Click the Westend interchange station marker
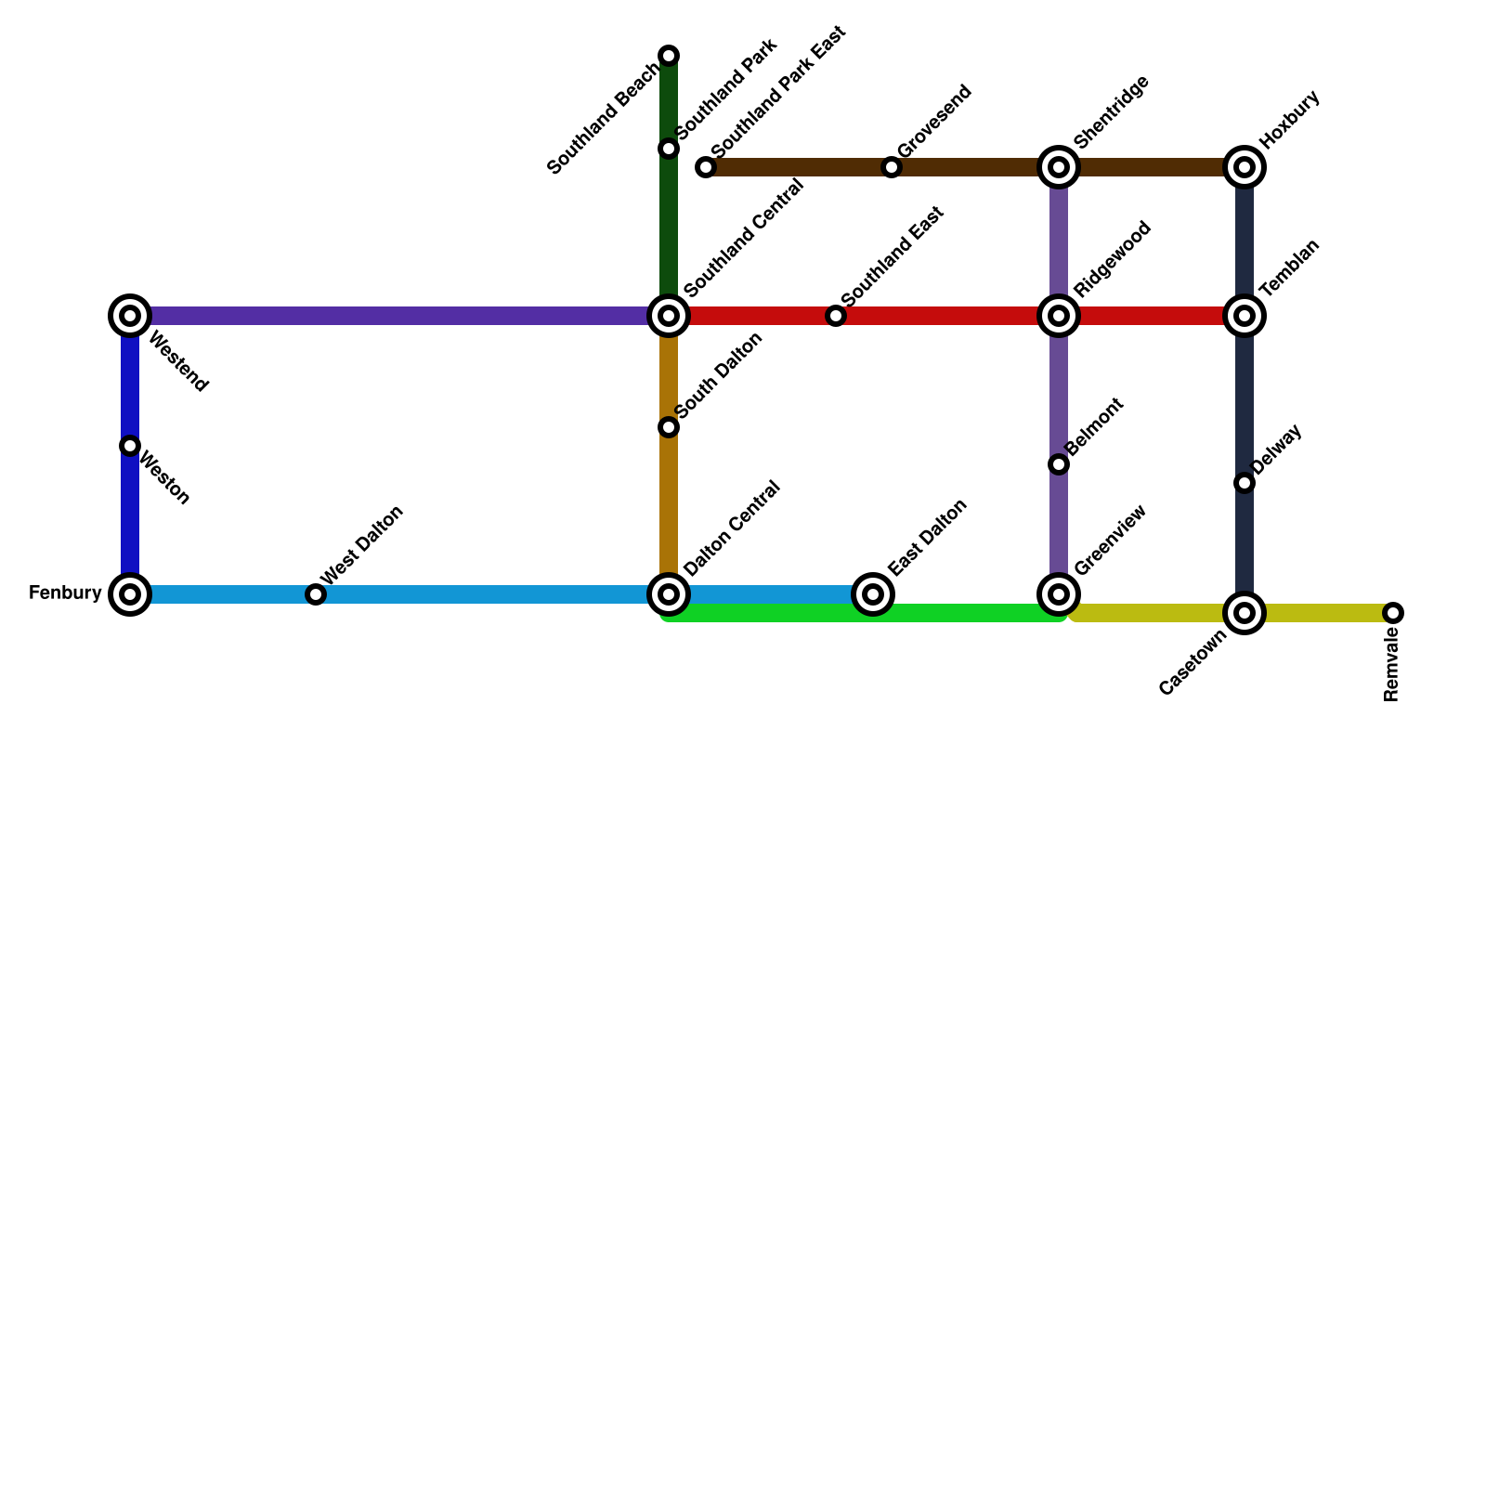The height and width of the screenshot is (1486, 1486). pos(130,316)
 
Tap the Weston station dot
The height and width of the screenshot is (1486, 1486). pos(130,446)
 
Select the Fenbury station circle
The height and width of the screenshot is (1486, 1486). pos(130,594)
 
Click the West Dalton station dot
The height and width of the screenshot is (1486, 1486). pos(316,594)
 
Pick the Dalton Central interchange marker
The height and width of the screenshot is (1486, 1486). pos(669,594)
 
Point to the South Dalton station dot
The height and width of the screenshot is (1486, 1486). pos(669,427)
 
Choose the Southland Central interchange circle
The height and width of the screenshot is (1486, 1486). pos(669,316)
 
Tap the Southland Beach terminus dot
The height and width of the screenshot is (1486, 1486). pos(669,56)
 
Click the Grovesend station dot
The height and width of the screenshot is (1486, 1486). pos(892,167)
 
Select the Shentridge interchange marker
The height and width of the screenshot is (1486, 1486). pos(1059,167)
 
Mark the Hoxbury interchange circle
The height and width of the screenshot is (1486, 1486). pos(1245,167)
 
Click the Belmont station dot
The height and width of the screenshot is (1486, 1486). pos(1059,464)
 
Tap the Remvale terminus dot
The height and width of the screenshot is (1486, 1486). pos(1393,613)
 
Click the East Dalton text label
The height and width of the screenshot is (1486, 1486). pos(927,537)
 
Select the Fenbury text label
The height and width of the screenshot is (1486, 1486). pos(65,593)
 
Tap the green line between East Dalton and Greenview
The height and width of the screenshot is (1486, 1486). pos(966,613)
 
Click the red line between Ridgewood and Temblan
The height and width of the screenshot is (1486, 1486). pos(1152,316)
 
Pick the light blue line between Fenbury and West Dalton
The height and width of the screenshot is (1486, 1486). pos(223,594)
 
